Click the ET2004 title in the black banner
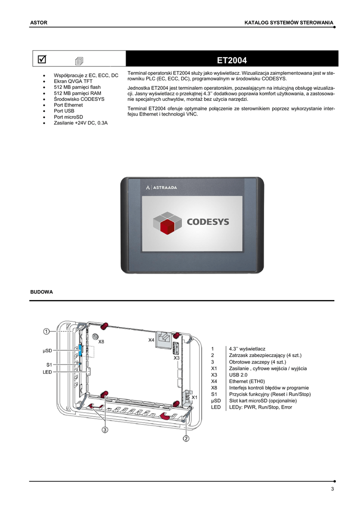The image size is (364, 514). pos(232,61)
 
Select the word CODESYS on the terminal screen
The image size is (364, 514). pos(208,221)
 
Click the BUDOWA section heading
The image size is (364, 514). pos(42,292)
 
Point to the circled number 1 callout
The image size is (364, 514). pos(46,331)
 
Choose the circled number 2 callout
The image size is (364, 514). pos(186,438)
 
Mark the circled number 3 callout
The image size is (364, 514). pos(105,430)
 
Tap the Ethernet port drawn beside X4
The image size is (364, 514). pos(164,338)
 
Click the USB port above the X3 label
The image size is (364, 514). pos(176,348)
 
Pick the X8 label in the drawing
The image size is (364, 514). pos(101,342)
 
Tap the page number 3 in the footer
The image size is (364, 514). pos(332,489)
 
